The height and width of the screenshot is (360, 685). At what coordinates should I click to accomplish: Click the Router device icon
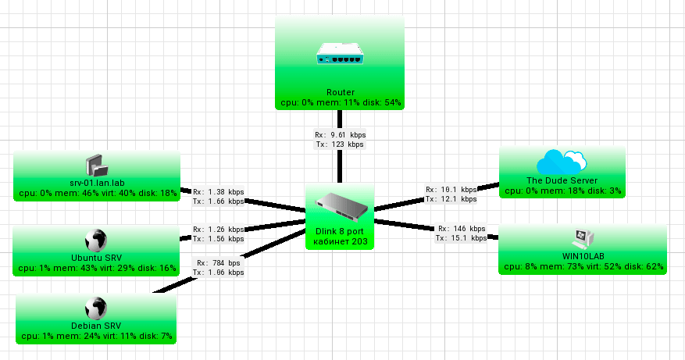click(x=340, y=54)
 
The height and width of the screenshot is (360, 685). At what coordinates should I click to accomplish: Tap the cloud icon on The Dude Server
click(x=562, y=162)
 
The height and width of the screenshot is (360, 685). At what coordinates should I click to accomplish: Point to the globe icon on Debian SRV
click(x=95, y=308)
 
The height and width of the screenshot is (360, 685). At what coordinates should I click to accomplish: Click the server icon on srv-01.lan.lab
click(x=96, y=165)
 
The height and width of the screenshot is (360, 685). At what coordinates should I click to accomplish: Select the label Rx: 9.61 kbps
click(x=340, y=135)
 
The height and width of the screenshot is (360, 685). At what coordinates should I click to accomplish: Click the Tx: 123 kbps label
click(x=340, y=144)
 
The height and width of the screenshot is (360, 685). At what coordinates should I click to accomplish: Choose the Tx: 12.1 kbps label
click(x=451, y=199)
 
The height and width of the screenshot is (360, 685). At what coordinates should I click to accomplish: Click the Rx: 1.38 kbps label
click(x=218, y=191)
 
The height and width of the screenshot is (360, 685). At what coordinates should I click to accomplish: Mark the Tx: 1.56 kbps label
click(x=218, y=239)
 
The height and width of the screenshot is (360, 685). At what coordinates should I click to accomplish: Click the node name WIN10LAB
click(x=582, y=256)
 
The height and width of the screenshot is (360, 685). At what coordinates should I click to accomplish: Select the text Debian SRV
click(x=95, y=326)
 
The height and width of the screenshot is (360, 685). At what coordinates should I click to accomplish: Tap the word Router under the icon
click(x=341, y=92)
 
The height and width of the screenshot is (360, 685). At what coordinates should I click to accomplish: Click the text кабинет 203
click(x=340, y=241)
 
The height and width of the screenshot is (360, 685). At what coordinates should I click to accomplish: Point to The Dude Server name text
click(x=562, y=180)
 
